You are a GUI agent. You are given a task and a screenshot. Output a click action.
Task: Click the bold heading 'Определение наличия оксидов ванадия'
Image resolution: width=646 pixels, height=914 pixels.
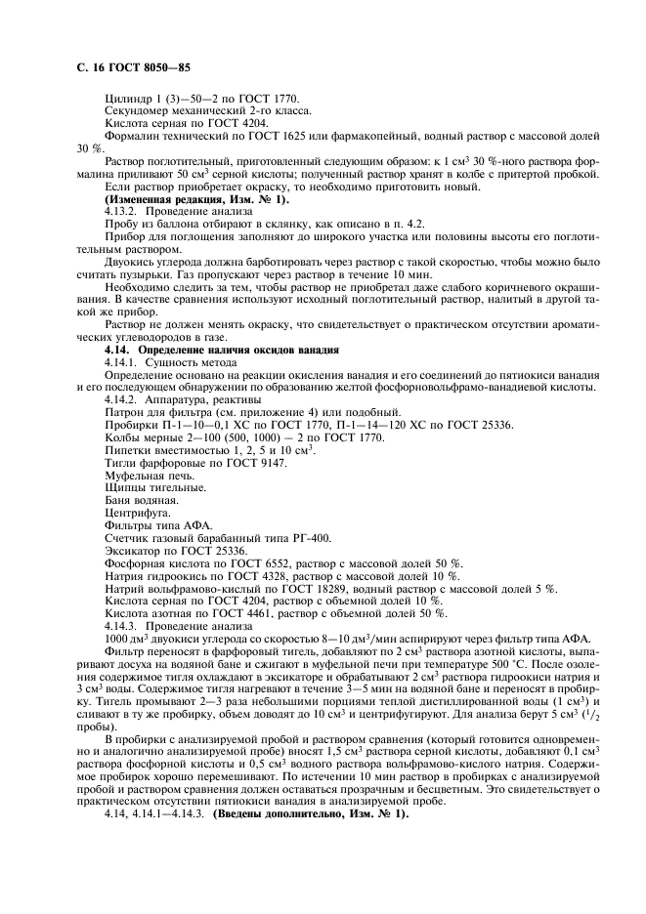point(238,349)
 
